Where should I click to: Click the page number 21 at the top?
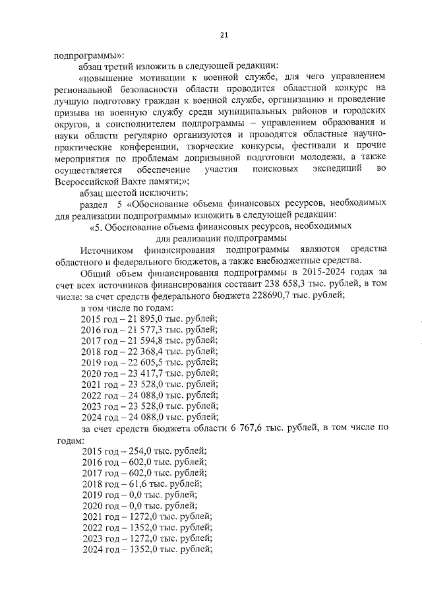(224, 35)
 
